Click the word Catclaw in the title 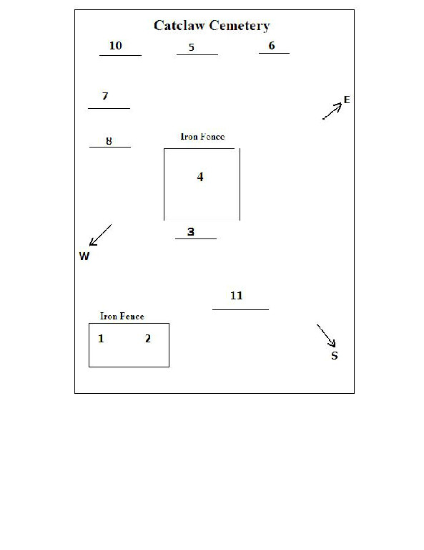179,25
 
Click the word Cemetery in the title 240,26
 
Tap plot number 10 116,46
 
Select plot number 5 191,47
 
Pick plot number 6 272,46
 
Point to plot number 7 105,96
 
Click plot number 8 109,141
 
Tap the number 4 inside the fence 200,176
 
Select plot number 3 190,231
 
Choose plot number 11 237,295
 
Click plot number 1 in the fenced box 101,339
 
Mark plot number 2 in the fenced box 148,339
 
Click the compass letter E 347,100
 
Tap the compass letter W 84,256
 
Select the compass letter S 335,356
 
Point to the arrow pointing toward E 332,111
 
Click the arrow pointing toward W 100,235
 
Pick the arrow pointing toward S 326,336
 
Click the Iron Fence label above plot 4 202,137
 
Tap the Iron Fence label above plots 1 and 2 122,316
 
